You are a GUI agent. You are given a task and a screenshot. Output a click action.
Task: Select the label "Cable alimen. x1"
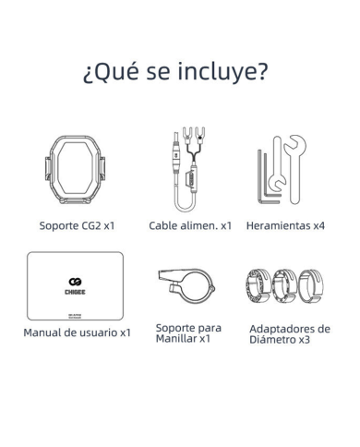(x=190, y=224)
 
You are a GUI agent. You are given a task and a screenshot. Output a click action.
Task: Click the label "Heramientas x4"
(x=286, y=224)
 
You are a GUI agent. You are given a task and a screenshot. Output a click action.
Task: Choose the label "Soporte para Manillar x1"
(x=188, y=332)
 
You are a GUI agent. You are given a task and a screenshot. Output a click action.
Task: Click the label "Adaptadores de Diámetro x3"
(x=290, y=333)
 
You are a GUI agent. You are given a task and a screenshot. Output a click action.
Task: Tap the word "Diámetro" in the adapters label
(x=276, y=340)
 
